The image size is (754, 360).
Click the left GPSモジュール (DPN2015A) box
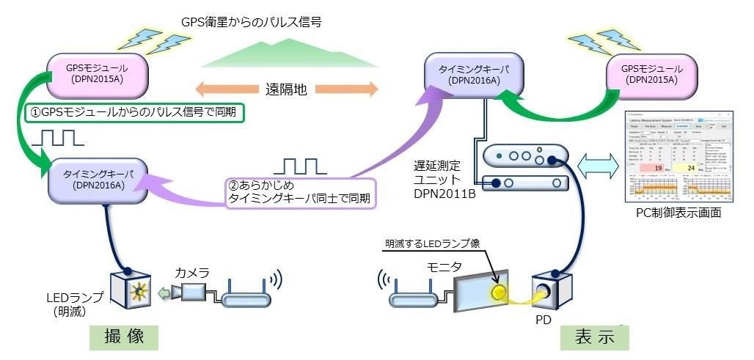[98, 74]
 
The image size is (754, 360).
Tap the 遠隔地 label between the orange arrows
[286, 90]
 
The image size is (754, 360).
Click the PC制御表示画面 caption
[678, 213]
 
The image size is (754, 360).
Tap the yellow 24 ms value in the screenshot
[709, 167]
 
